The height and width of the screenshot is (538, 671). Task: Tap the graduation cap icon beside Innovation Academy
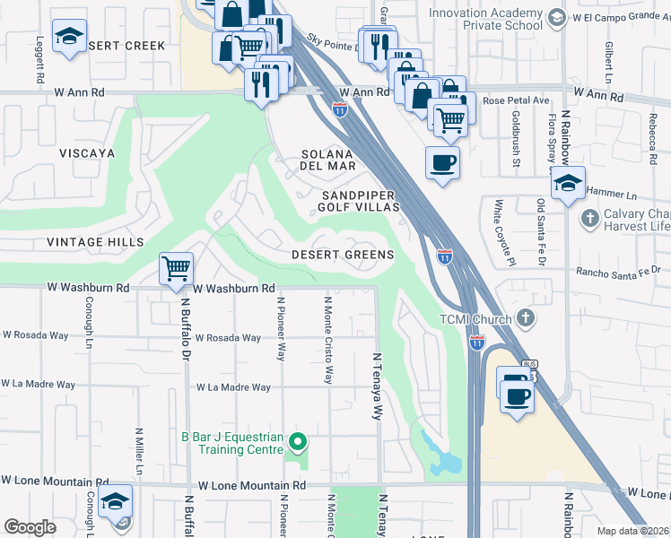[x=557, y=16]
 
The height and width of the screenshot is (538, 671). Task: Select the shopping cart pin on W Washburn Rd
[x=177, y=268]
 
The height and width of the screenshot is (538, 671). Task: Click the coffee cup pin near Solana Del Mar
[x=442, y=162]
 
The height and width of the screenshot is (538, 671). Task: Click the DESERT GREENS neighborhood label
[x=343, y=255]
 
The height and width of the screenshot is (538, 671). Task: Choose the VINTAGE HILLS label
[x=95, y=242]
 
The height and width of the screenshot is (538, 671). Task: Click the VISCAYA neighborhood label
[x=87, y=153]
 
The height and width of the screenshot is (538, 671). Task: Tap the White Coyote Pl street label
[x=495, y=232]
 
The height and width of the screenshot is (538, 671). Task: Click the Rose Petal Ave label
[x=515, y=100]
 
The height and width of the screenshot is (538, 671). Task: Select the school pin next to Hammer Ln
[x=567, y=184]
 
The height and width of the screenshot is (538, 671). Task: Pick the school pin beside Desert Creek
[x=69, y=37]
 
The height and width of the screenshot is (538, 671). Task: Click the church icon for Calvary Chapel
[x=589, y=217]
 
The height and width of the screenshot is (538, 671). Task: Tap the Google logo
[x=30, y=527]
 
